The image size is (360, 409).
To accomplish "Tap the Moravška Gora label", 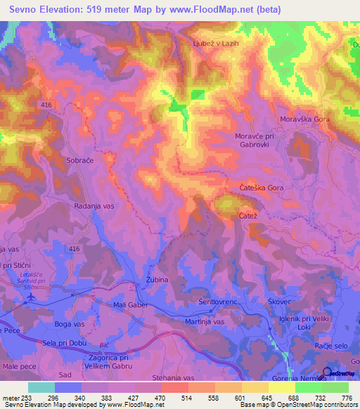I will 304,119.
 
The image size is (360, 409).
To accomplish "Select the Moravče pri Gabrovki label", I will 252,139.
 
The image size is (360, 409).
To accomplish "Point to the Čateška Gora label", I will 261,188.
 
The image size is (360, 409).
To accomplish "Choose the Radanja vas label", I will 94,207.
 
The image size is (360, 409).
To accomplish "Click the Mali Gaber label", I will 131,305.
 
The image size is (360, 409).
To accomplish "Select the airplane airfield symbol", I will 30,297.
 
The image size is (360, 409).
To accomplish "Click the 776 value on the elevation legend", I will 346,397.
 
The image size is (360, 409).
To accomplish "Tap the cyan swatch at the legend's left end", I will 41,387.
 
